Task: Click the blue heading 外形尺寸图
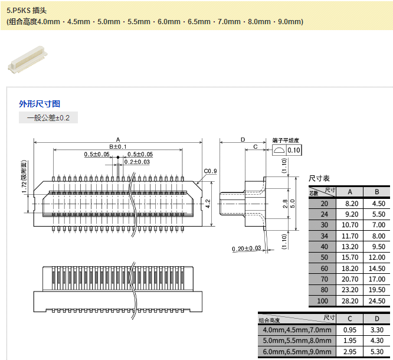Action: (40, 103)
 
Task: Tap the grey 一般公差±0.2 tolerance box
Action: (48, 118)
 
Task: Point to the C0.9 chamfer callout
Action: (211, 171)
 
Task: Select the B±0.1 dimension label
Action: (118, 146)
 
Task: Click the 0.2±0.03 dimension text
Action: (137, 162)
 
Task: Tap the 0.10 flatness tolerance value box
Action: (294, 150)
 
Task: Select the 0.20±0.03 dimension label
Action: (247, 248)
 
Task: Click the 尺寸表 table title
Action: (320, 178)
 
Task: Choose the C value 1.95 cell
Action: (351, 341)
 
